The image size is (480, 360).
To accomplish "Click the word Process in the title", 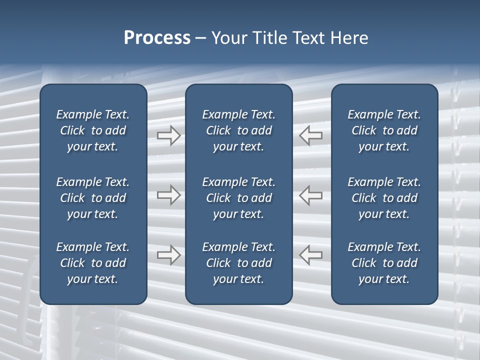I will [x=157, y=38].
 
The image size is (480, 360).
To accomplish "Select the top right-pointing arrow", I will [x=168, y=135].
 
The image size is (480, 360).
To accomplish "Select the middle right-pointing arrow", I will [x=168, y=195].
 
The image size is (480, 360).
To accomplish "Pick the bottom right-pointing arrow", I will [x=168, y=254].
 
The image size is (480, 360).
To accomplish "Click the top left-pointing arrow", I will [x=311, y=135].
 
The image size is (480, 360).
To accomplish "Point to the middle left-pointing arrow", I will [x=311, y=195].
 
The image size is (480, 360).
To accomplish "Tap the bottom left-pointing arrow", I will [x=311, y=254].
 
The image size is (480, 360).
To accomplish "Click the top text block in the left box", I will [x=93, y=130].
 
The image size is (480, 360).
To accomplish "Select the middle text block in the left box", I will [x=93, y=198].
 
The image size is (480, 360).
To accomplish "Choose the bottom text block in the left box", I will [x=93, y=263].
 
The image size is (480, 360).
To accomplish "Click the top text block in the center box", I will [x=239, y=130].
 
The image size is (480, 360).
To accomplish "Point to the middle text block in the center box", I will [x=239, y=198].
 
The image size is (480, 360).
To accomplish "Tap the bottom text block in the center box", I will [x=239, y=263].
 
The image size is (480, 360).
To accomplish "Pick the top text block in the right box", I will [x=384, y=130].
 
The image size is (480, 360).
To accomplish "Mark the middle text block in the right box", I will [x=384, y=198].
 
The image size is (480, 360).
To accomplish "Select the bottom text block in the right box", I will [x=384, y=263].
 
